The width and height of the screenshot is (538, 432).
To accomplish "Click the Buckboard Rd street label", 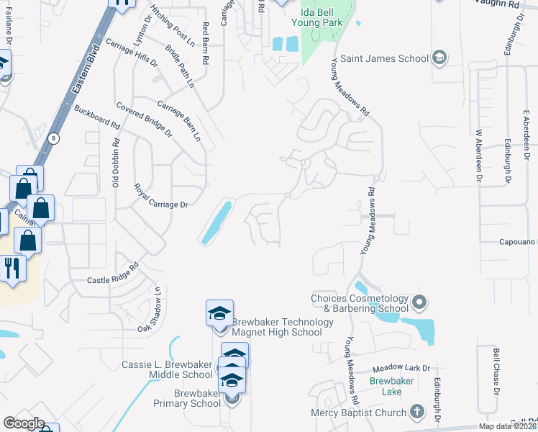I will (97, 117).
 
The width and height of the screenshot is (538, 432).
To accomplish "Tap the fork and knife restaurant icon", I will (12, 268).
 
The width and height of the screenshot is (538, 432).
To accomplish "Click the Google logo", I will (24, 423).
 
